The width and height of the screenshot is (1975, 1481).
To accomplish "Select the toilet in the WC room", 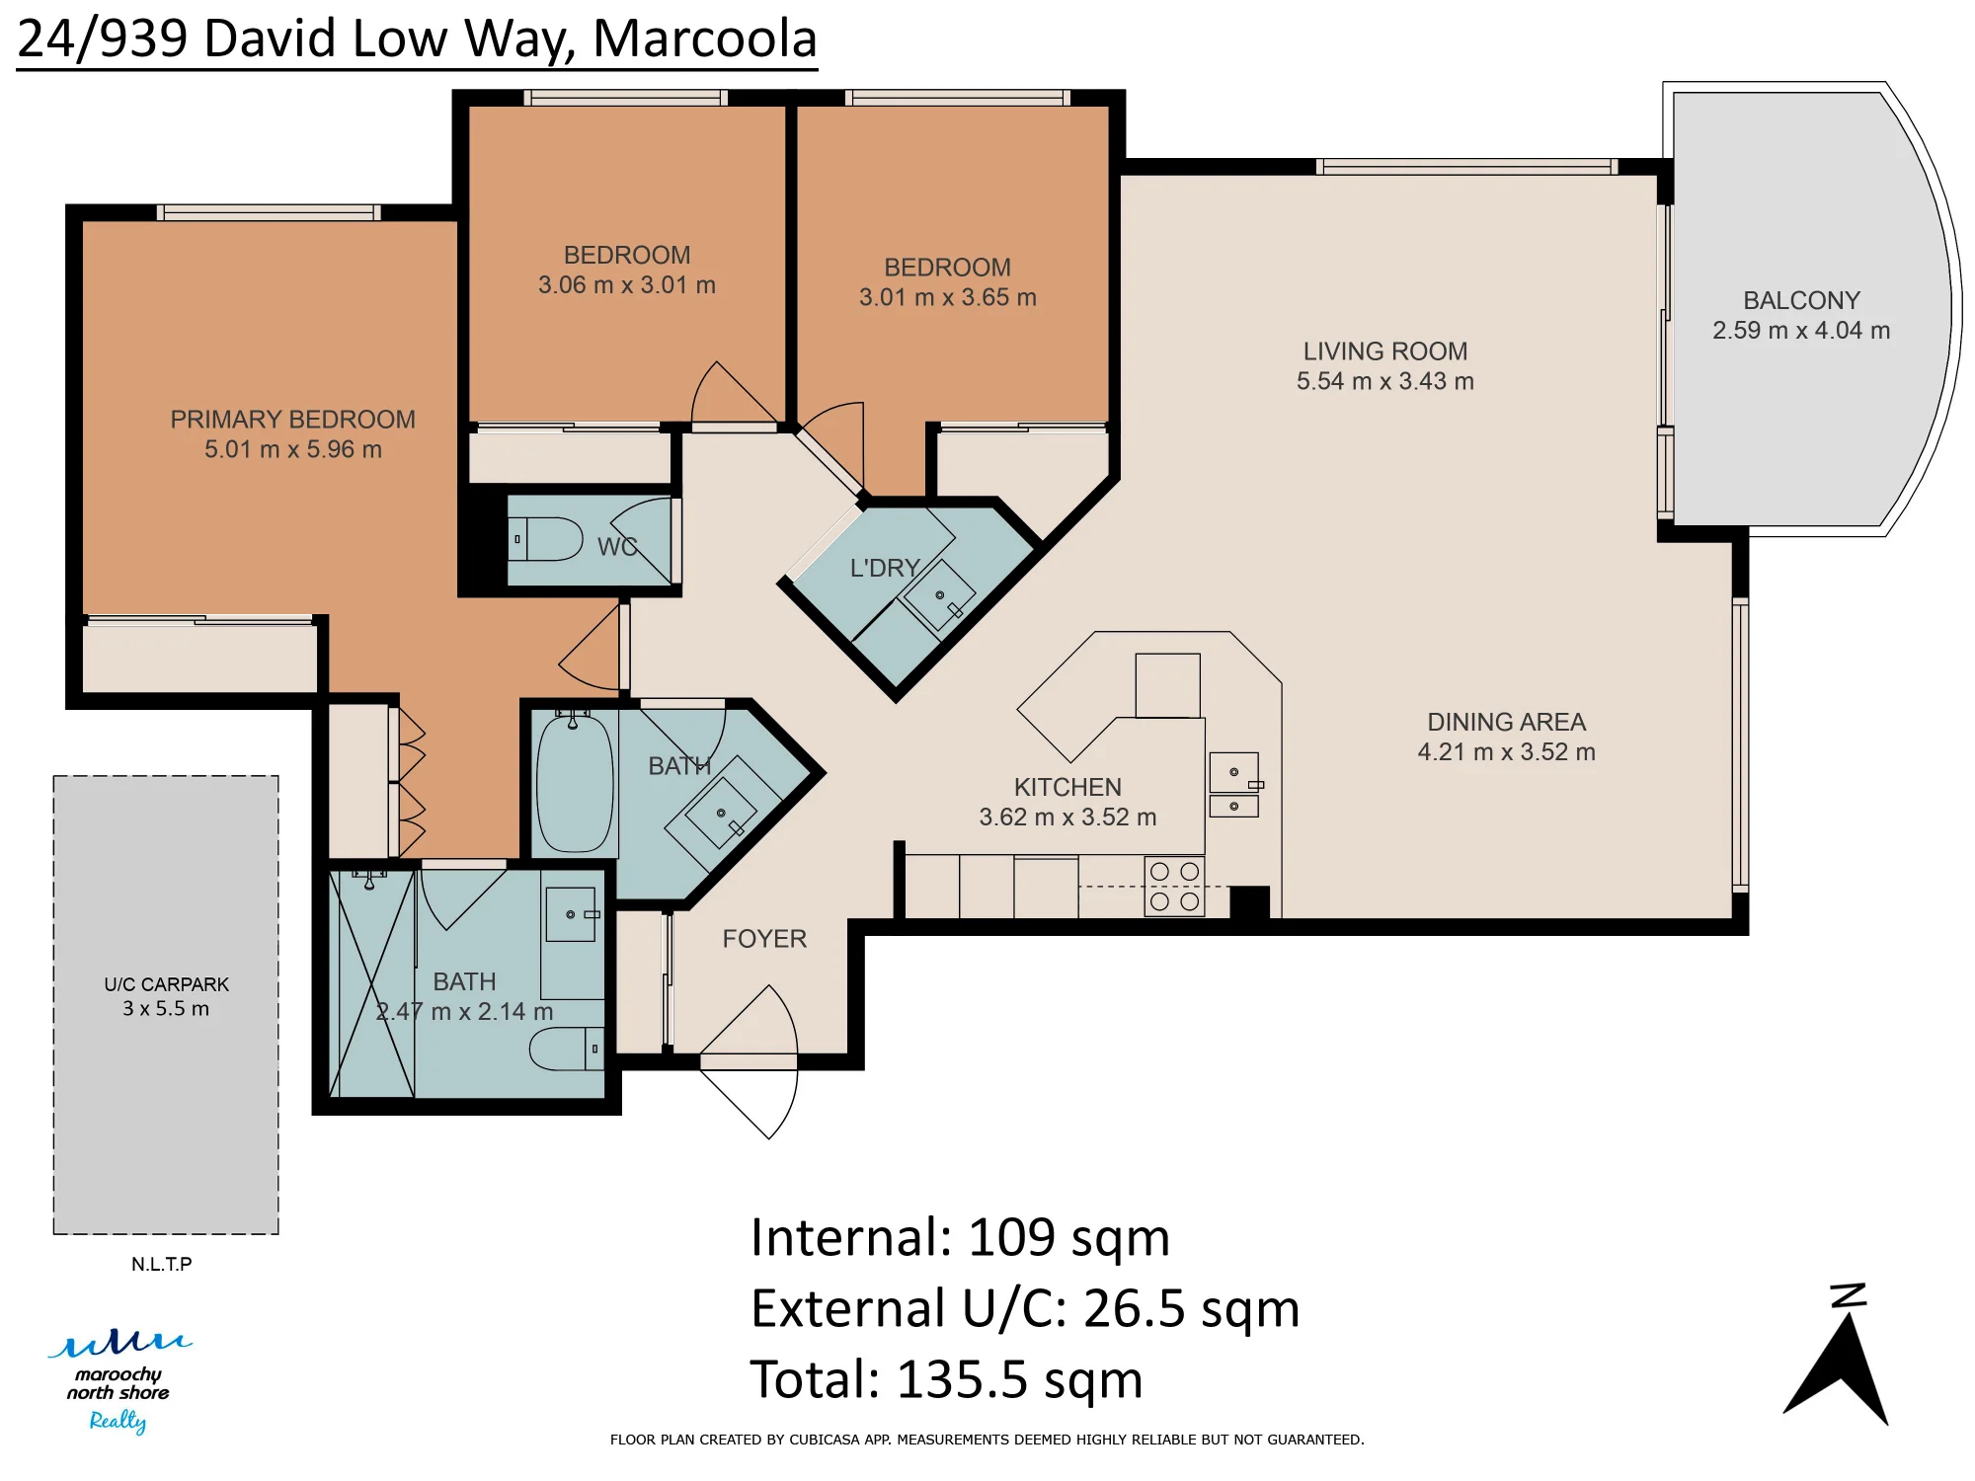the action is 545,539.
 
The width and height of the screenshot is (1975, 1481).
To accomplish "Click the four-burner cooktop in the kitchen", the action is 1174,887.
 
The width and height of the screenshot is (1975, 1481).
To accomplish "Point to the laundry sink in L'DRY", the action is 939,594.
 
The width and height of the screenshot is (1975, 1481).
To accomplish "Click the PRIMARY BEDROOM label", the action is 292,420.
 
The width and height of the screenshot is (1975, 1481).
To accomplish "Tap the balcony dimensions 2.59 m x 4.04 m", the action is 1801,331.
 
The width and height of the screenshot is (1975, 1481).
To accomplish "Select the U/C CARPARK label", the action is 166,984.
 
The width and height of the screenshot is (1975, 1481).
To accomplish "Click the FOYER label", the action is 764,939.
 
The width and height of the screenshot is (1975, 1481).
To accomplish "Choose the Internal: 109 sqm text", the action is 960,1237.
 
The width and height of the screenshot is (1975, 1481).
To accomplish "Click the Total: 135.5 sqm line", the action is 946,1379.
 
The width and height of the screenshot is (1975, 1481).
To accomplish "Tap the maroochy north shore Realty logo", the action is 119,1380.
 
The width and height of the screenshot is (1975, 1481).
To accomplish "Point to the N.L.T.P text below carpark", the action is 162,1264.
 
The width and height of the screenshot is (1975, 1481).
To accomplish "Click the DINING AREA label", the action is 1507,723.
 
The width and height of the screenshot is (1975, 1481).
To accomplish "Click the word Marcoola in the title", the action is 705,39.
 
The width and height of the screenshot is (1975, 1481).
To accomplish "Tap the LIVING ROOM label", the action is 1385,351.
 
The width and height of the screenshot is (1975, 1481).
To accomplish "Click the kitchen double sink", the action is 1234,785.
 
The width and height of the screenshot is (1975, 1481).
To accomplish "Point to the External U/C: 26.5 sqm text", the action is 1025,1308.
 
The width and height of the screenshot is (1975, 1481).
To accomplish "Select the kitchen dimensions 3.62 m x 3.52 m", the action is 1067,818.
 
